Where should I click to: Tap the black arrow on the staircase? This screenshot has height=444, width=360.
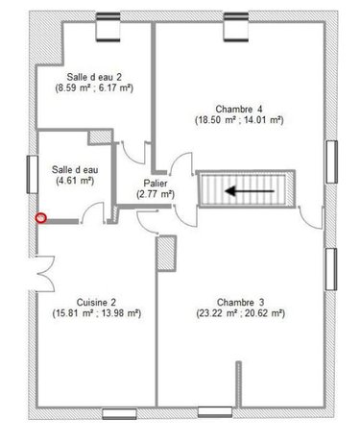pyautogui.click(x=247, y=190)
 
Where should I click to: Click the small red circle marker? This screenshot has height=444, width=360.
pyautogui.click(x=40, y=218)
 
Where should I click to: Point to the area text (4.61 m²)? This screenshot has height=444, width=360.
pyautogui.click(x=73, y=180)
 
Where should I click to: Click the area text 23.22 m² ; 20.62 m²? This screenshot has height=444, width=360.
pyautogui.click(x=239, y=312)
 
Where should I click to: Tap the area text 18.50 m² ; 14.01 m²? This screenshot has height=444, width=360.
pyautogui.click(x=239, y=120)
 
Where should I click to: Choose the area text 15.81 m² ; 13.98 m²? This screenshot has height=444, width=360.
pyautogui.click(x=92, y=312)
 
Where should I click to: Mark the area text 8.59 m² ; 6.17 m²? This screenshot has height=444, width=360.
pyautogui.click(x=93, y=87)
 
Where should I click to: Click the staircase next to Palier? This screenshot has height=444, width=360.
pyautogui.click(x=247, y=190)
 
